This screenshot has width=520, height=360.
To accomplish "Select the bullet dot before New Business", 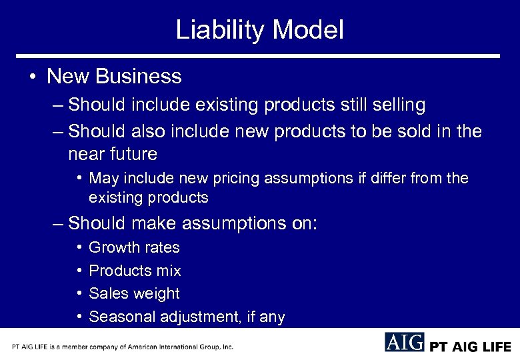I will coord(33,77).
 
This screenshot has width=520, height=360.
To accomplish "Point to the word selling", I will coord(393,105).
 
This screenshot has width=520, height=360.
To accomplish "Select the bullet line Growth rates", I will coord(134,247).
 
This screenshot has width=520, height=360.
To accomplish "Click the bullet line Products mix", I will coord(135,271).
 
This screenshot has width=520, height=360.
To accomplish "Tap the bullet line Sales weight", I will coord(134,293).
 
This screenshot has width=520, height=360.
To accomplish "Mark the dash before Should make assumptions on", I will coord(59,223).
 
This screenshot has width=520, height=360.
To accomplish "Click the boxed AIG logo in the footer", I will coord(404,342).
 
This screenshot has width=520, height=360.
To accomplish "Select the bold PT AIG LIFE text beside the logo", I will coord(470,347).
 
